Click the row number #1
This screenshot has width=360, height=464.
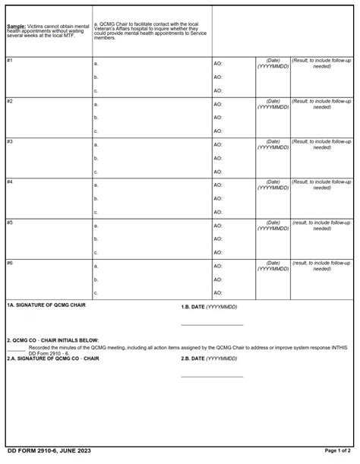pos(10,60)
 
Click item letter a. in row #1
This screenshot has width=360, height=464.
pos(96,64)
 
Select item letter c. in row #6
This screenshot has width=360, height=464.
pos(96,292)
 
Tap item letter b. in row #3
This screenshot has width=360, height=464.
pos(96,158)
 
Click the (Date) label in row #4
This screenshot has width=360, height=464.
pos(273,181)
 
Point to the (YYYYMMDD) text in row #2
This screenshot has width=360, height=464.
pos(273,107)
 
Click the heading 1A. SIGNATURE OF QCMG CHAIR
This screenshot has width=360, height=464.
pos(46,305)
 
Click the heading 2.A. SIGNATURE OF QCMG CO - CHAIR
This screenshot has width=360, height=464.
pos(53,358)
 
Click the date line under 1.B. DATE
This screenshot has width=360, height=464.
pos(212,324)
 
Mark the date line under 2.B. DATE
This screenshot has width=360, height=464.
pos(212,376)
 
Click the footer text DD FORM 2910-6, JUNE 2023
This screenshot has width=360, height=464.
pos(47,451)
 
